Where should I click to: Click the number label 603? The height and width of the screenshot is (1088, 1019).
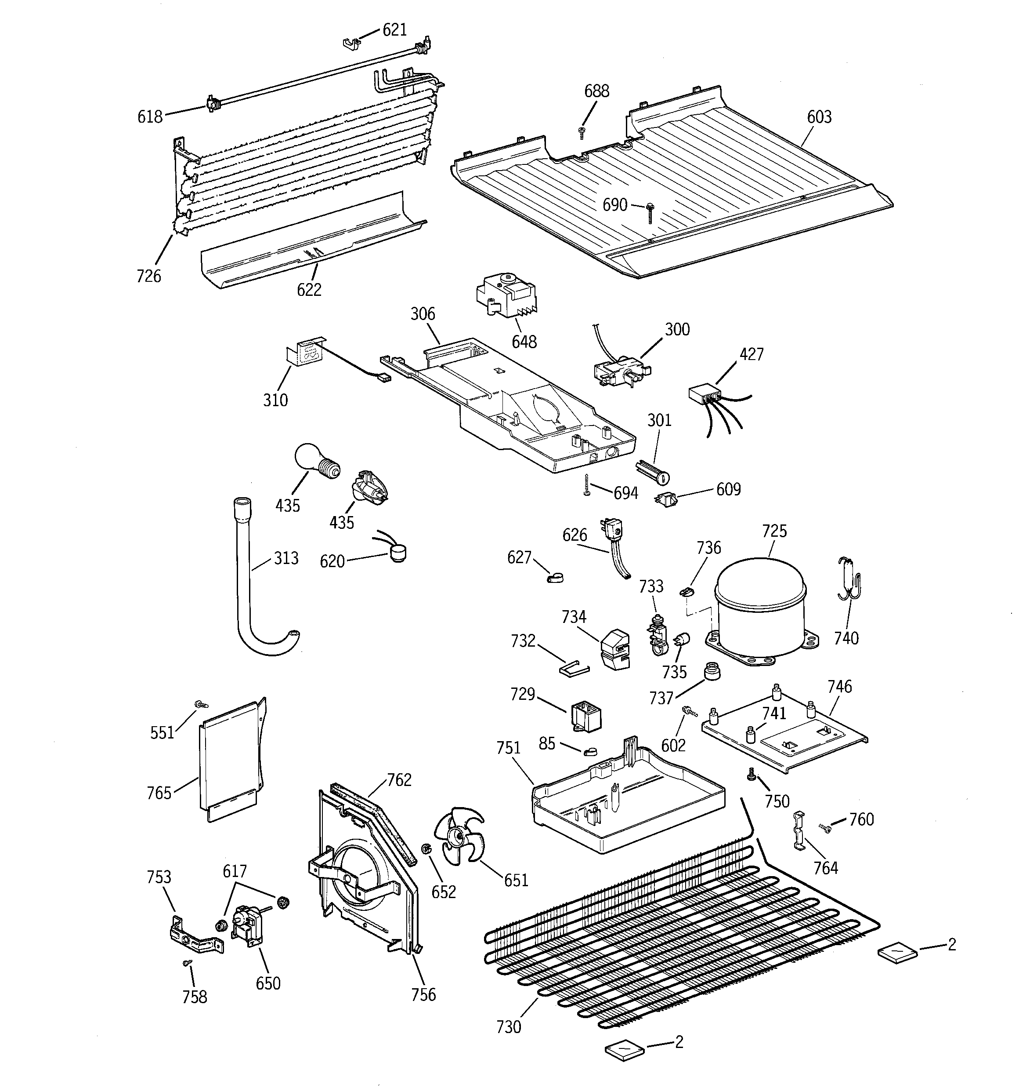point(819,117)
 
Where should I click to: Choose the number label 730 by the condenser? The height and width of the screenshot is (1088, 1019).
point(508,1027)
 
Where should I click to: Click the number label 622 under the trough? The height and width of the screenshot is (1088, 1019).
point(309,290)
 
